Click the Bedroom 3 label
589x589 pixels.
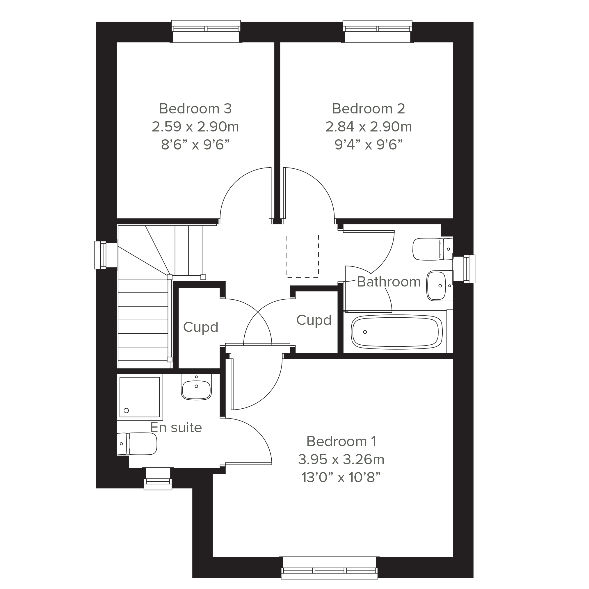(x=195, y=109)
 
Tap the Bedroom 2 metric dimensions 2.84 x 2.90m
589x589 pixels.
(x=369, y=127)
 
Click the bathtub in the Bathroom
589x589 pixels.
(x=397, y=332)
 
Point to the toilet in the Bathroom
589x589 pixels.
(x=433, y=249)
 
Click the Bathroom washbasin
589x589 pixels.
(x=439, y=286)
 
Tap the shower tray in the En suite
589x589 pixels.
(x=140, y=397)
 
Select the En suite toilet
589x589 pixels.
(x=137, y=444)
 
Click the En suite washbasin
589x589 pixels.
(x=196, y=387)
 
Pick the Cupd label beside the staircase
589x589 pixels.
(x=201, y=327)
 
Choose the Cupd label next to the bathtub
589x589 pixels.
(x=314, y=320)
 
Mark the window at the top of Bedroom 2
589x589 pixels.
(x=378, y=31)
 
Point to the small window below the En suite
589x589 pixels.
(x=158, y=479)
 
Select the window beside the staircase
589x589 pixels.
(x=106, y=255)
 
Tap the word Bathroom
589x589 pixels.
(x=389, y=282)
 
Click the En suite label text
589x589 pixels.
(x=176, y=428)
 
